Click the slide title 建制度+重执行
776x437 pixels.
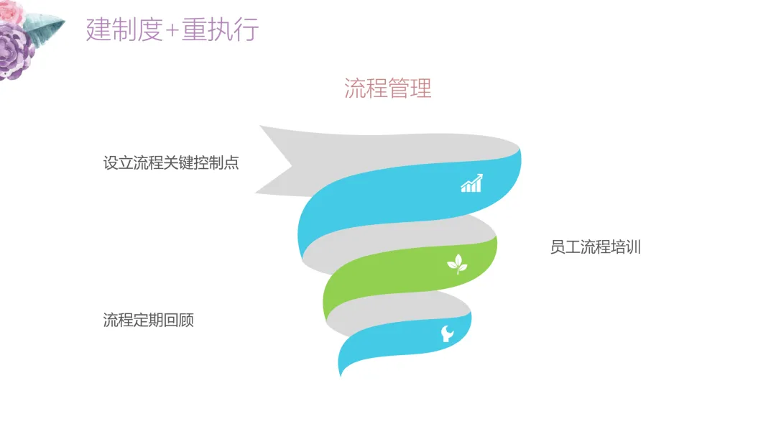click(172, 30)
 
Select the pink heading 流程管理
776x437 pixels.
click(387, 88)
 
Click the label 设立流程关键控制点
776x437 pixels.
click(171, 163)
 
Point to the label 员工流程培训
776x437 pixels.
click(595, 248)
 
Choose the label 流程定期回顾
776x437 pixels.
click(149, 320)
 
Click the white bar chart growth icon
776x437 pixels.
click(471, 183)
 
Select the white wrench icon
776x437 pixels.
click(447, 333)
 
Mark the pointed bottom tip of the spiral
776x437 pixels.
click(341, 372)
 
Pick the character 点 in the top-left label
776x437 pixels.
click(231, 163)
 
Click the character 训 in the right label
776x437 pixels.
click(633, 248)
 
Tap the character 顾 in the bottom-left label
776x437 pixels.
click(187, 320)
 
